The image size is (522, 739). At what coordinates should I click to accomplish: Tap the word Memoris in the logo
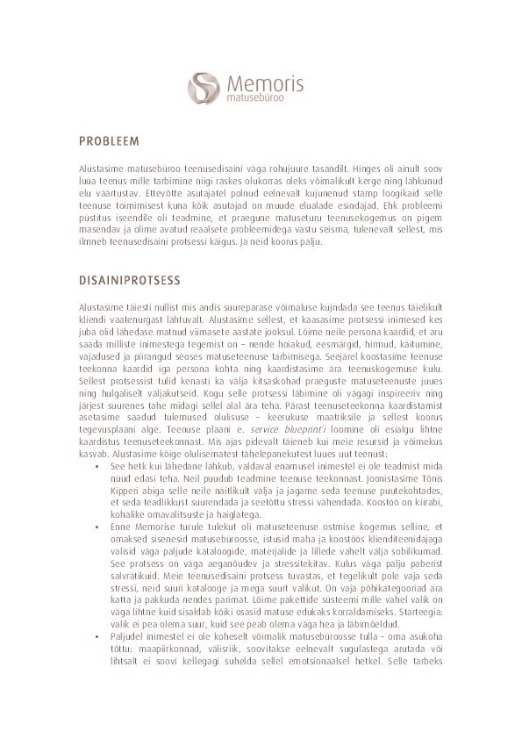coord(265,84)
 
